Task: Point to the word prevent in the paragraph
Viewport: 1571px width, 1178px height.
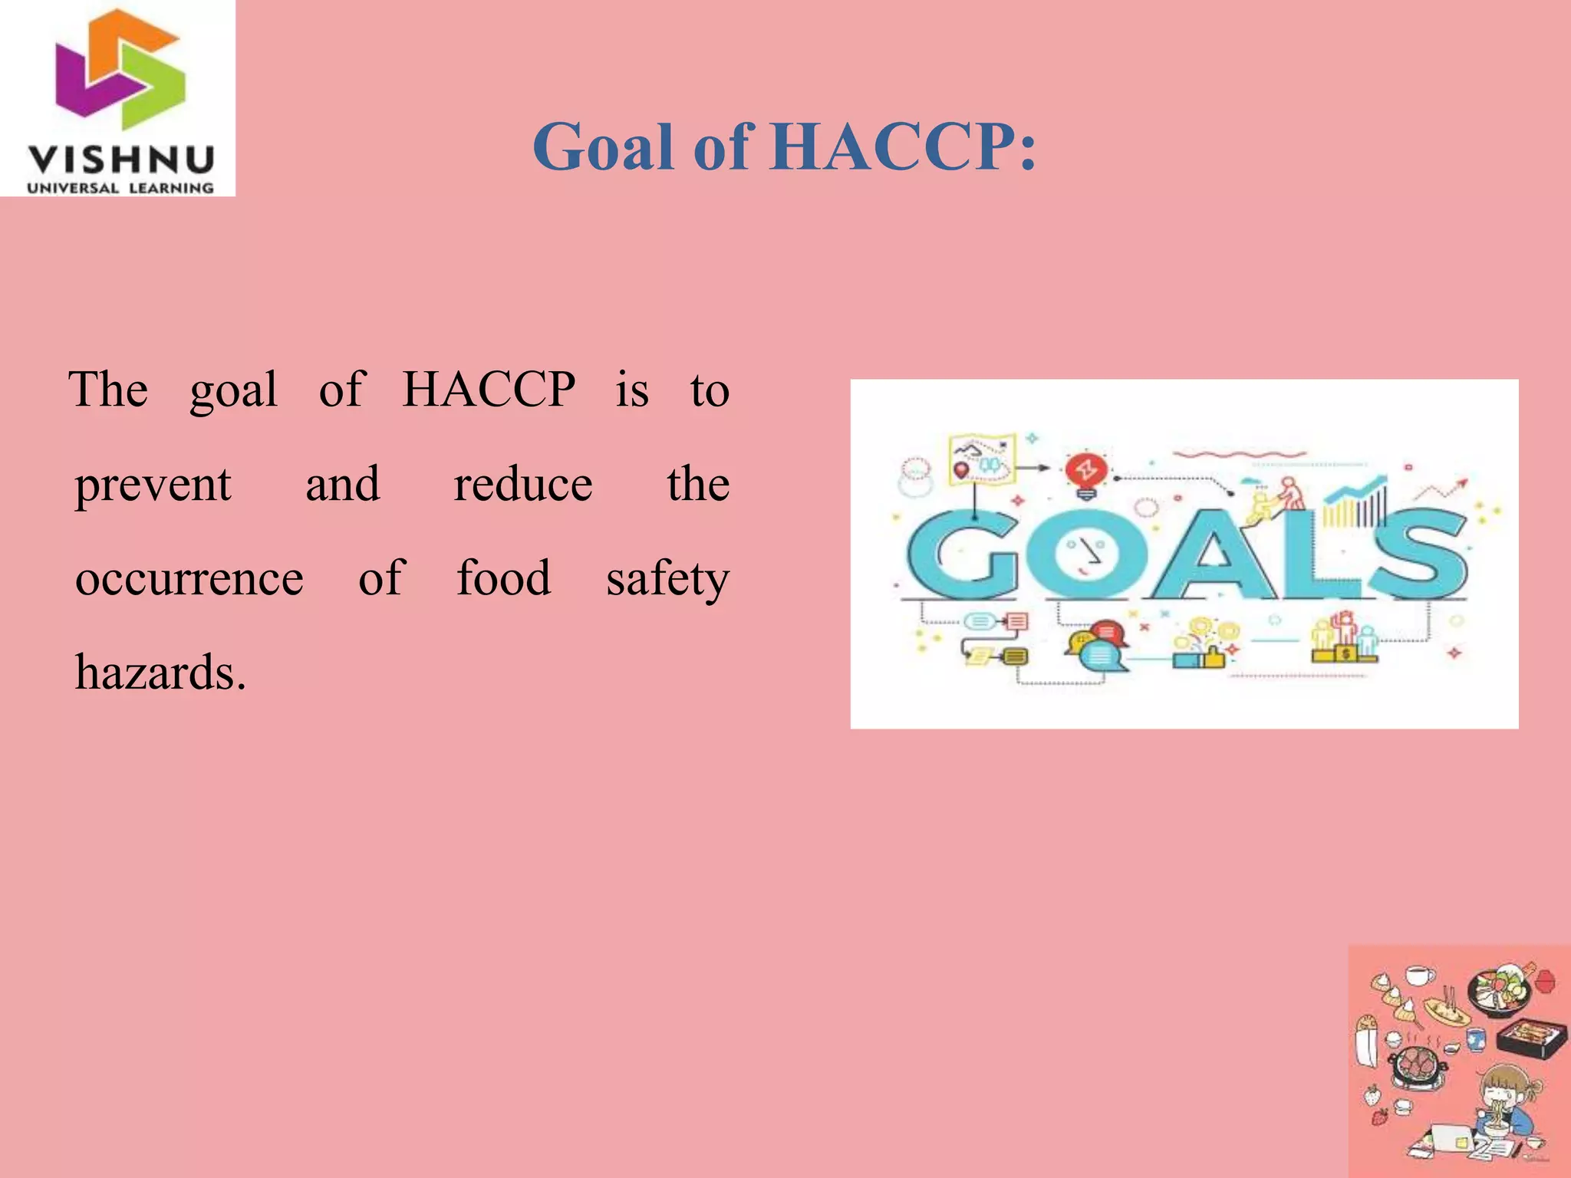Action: (x=153, y=485)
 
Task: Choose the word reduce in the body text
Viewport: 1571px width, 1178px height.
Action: (x=522, y=485)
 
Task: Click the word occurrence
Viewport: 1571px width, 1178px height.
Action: (x=189, y=578)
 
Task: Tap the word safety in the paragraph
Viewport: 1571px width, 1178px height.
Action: (x=667, y=580)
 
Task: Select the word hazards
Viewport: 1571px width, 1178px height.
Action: (x=160, y=673)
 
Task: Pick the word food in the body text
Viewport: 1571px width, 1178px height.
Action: (x=503, y=578)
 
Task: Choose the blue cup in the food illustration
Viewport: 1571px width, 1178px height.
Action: (x=1476, y=1039)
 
